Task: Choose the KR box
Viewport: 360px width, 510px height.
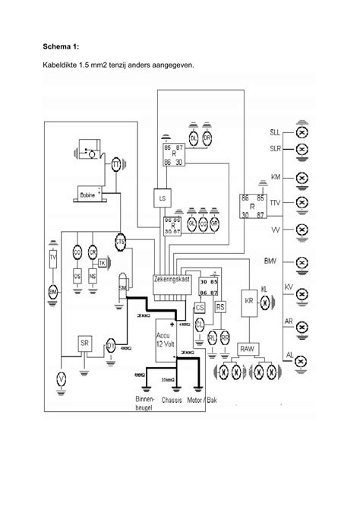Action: [249, 299]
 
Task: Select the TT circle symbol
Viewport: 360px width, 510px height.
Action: [115, 166]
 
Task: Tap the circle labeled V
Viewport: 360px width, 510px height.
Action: [62, 379]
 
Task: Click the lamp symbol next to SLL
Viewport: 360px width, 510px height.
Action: [300, 132]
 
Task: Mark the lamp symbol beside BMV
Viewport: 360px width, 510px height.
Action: [300, 262]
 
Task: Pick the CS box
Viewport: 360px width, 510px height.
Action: [200, 308]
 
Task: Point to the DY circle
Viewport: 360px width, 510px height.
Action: [111, 347]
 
